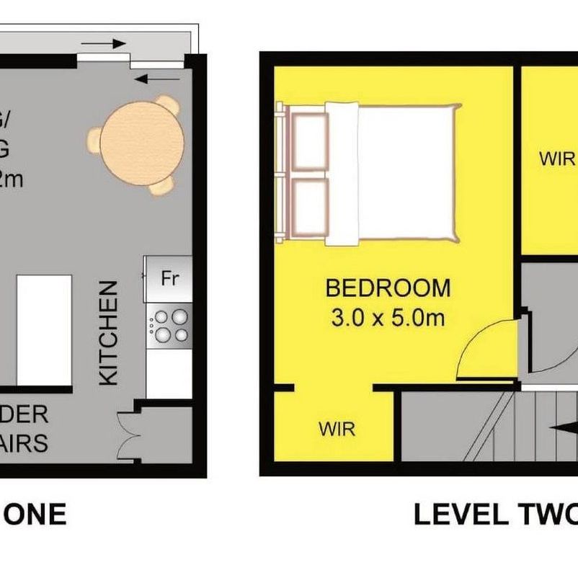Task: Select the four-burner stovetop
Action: pyautogui.click(x=169, y=325)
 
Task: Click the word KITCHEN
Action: pyautogui.click(x=107, y=333)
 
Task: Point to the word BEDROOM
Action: pyautogui.click(x=388, y=288)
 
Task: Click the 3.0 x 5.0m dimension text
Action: pyautogui.click(x=388, y=318)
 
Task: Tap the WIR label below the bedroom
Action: pyautogui.click(x=337, y=430)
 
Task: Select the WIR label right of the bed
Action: pyautogui.click(x=556, y=159)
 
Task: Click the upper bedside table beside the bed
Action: pyautogui.click(x=310, y=141)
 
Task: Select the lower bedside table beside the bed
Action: pyautogui.click(x=310, y=205)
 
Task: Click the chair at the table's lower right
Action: pyautogui.click(x=164, y=184)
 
